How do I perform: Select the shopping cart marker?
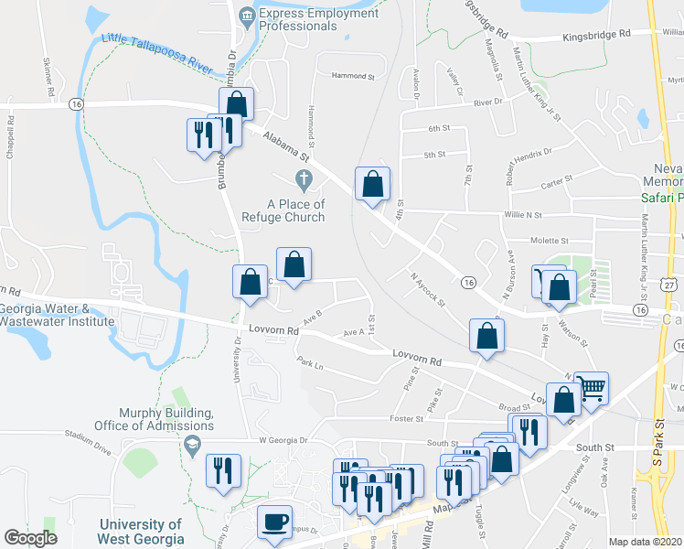pos(591,391)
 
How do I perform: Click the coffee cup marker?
pos(274,522)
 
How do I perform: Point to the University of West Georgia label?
pos(141,532)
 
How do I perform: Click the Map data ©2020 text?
pos(645,542)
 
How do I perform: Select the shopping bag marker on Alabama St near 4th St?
pos(372,185)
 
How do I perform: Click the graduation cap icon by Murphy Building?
pos(191,446)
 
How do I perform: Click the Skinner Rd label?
pos(47,79)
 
